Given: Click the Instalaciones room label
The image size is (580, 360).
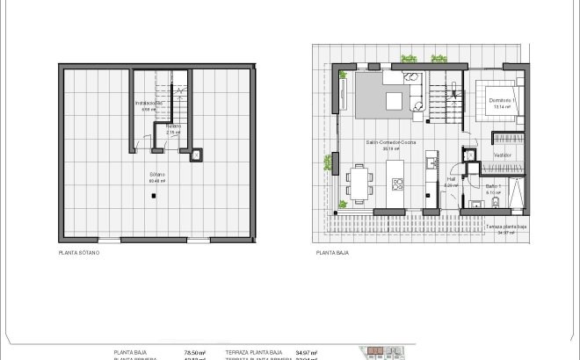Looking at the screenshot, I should (149, 104).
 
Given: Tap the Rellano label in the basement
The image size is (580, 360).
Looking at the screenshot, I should (173, 129).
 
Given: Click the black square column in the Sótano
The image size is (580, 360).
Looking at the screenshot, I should (154, 196).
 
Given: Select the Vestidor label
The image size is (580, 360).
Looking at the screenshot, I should (504, 155).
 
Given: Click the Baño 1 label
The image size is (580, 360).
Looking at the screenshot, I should (493, 187).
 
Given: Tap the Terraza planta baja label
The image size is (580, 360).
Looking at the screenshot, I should (505, 228).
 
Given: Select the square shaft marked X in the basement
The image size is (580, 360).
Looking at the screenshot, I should (196, 155).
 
